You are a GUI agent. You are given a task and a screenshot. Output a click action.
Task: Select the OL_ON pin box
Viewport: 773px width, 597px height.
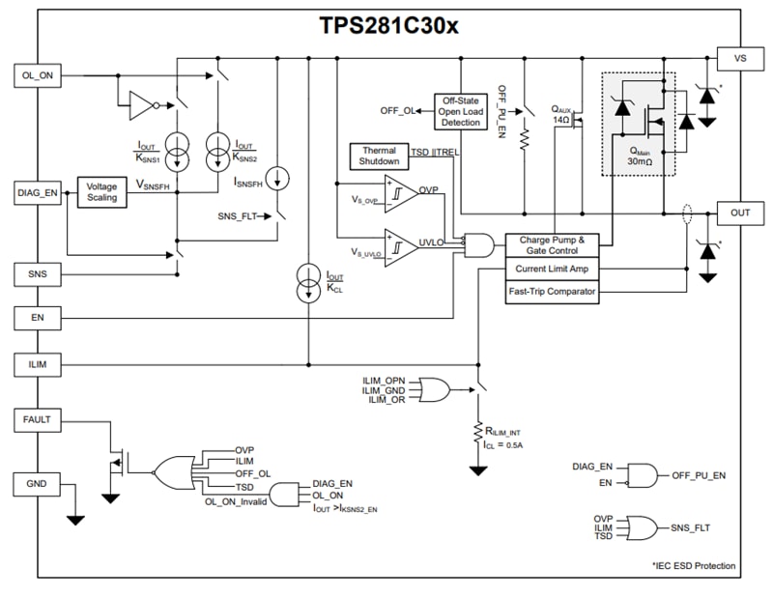pos(37,74)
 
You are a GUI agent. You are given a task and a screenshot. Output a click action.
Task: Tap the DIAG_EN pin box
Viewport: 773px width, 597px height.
pos(37,193)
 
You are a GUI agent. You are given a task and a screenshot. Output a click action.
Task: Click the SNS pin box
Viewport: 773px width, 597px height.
pos(37,275)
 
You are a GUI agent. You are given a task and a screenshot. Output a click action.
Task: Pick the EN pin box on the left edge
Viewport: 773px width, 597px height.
pos(37,317)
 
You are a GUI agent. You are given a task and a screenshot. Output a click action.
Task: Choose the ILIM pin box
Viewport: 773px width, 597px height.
pos(37,365)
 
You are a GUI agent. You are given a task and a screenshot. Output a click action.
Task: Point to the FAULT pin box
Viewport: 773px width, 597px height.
pos(37,420)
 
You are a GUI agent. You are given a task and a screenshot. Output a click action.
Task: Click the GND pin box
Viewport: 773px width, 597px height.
pos(37,483)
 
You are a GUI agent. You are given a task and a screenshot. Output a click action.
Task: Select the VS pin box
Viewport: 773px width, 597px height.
pos(740,58)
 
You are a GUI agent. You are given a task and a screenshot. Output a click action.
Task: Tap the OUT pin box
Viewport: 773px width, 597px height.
pos(740,212)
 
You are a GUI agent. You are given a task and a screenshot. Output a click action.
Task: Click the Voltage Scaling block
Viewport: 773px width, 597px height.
pos(101,191)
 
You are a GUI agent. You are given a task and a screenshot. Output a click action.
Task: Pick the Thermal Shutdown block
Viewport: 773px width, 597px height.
pos(379,156)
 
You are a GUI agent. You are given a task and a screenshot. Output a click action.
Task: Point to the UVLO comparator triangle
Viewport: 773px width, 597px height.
pos(399,243)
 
